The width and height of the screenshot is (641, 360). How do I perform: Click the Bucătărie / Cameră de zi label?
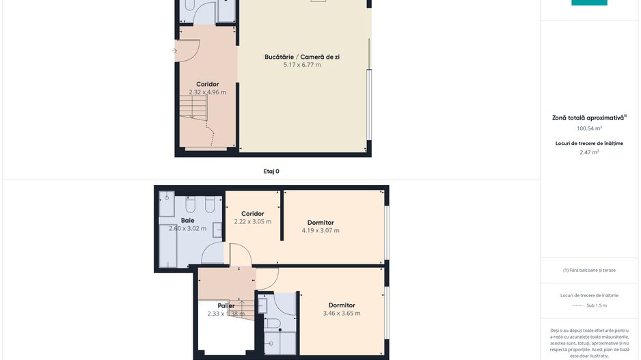[301, 57]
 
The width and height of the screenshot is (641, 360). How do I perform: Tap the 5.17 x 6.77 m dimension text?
[301, 65]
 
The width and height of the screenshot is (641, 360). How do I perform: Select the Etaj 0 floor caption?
[271, 171]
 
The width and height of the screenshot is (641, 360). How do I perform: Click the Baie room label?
[187, 221]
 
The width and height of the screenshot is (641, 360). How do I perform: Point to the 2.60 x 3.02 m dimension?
[187, 229]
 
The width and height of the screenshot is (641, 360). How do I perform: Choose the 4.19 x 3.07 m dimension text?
[320, 231]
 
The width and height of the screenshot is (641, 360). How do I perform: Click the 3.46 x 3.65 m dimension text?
[342, 314]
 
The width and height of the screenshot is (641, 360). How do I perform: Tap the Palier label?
[226, 305]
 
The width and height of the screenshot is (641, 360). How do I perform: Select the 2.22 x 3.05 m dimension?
[252, 222]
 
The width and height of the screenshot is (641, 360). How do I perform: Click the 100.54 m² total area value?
[589, 128]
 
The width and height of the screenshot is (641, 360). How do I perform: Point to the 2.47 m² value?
[589, 152]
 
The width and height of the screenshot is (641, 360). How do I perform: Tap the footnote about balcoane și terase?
[589, 270]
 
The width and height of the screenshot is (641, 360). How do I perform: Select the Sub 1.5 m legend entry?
[597, 305]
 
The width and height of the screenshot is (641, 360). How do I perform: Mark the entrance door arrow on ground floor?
[176, 51]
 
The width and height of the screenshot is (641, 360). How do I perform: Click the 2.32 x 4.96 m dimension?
[207, 92]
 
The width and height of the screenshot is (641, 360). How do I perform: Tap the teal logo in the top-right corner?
[589, 3]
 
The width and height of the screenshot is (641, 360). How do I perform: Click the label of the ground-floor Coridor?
[207, 84]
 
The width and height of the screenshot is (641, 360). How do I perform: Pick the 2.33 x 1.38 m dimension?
[226, 314]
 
